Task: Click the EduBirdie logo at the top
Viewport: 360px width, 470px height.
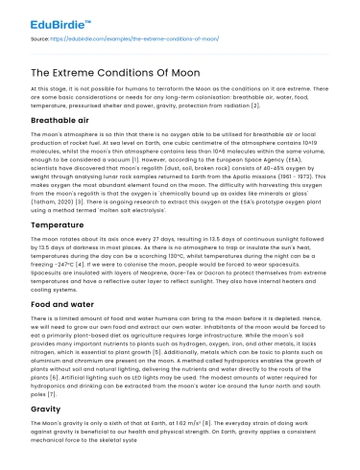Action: point(43,16)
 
